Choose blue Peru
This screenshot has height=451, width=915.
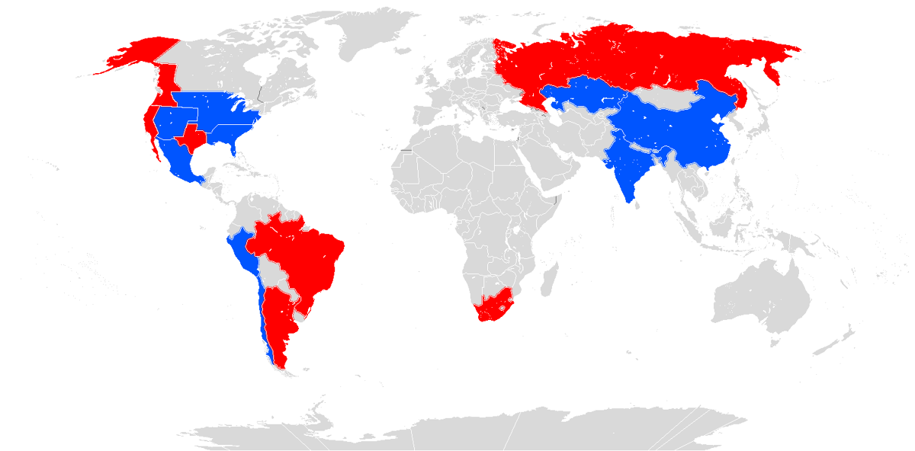244,251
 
